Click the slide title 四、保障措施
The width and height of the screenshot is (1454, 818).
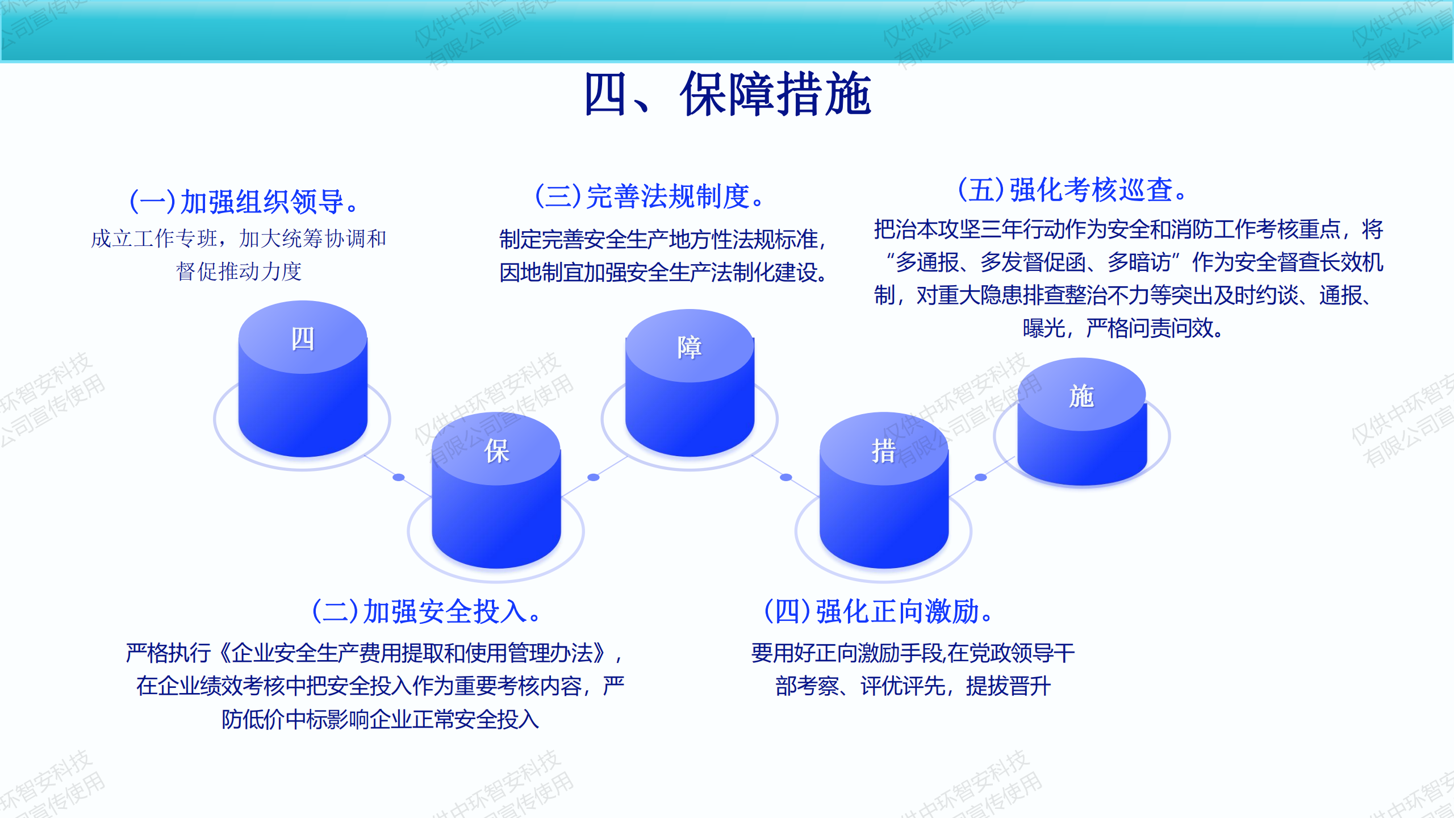728,94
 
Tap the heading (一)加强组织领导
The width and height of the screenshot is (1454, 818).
244,202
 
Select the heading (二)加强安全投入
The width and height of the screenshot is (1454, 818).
426,612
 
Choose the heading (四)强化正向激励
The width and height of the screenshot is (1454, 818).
878,612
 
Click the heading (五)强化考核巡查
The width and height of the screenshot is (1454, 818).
1072,190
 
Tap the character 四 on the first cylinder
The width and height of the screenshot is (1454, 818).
303,339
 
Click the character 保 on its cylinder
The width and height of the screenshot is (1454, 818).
496,452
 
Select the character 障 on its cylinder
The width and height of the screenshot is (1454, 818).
690,347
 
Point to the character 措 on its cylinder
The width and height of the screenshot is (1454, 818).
884,452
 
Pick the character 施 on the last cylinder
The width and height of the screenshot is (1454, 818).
1081,396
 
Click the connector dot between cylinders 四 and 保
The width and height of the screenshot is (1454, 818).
399,477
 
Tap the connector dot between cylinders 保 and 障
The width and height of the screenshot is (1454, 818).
594,477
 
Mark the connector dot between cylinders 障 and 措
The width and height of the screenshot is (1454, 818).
786,477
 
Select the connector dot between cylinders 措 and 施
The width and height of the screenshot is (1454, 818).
981,477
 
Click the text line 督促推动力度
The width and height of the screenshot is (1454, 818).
239,272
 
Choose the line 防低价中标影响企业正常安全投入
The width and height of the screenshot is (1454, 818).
380,719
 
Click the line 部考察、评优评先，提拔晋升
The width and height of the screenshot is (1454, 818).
913,686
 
